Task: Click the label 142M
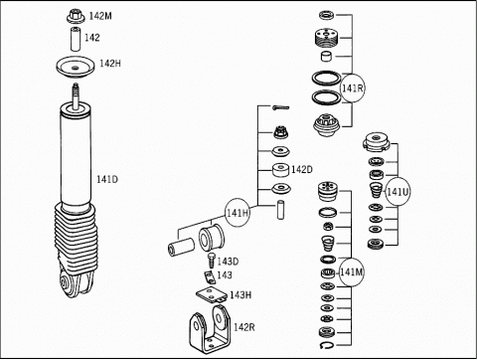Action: (x=100, y=16)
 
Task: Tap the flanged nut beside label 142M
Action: (x=76, y=17)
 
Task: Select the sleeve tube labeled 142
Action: (x=76, y=40)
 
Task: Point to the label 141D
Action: (x=107, y=180)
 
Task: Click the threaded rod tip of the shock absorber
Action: (x=76, y=87)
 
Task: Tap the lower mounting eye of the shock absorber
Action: (x=66, y=282)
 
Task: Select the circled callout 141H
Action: (x=238, y=213)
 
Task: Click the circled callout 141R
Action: (x=353, y=88)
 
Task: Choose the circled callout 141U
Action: (x=397, y=191)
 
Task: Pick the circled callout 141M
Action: (x=351, y=272)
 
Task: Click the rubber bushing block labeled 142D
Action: (x=281, y=170)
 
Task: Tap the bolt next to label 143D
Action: (x=211, y=261)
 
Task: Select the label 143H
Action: (x=240, y=294)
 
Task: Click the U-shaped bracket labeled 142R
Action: (x=210, y=330)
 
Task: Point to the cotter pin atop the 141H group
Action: (x=281, y=107)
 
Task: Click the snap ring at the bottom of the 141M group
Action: (x=327, y=345)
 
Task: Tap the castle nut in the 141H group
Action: (x=281, y=132)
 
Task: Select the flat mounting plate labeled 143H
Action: (x=212, y=294)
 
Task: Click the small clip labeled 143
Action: (x=210, y=277)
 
